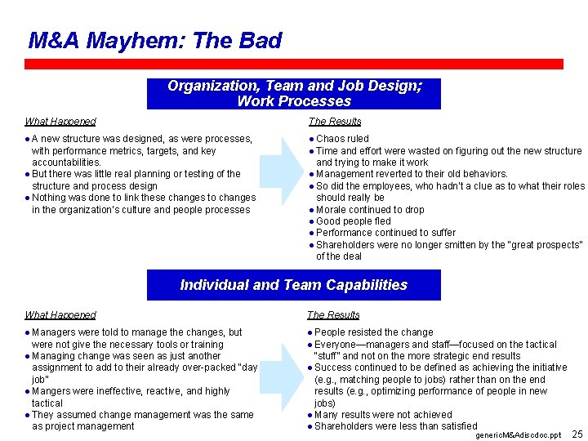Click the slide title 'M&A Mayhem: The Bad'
click(155, 40)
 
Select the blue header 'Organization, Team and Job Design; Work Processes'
click(294, 94)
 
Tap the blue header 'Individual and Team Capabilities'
click(294, 285)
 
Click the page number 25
click(577, 434)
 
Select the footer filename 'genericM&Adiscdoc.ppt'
click(518, 435)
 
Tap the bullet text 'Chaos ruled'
click(342, 139)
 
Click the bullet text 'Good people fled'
click(353, 221)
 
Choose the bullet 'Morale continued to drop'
click(370, 210)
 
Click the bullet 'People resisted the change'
click(373, 332)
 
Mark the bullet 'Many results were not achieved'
click(382, 415)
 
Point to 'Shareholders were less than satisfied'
click(395, 426)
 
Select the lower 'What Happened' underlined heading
click(60, 315)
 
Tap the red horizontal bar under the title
click(294, 64)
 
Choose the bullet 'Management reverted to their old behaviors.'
click(412, 174)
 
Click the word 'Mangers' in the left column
click(51, 391)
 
